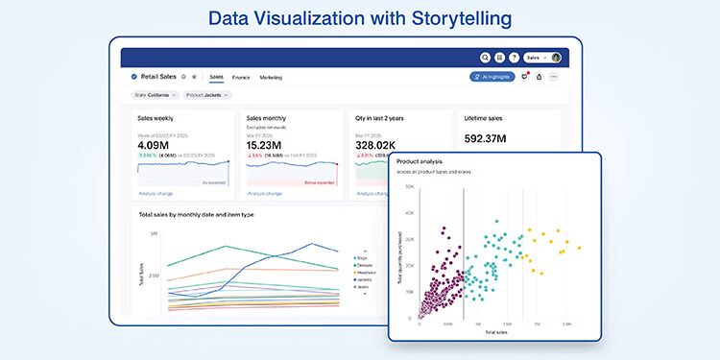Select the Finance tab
coord(240,77)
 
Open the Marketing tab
coord(271,77)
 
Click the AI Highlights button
coord(492,77)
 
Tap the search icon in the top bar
coord(486,58)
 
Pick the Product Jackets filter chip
coord(206,95)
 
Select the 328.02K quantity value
coord(377,145)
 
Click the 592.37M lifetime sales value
coord(486,137)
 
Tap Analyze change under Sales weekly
coord(155,193)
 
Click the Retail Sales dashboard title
coord(157,76)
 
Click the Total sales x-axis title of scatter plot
coord(495,331)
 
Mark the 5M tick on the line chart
coord(154,233)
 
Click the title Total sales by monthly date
coord(196,214)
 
